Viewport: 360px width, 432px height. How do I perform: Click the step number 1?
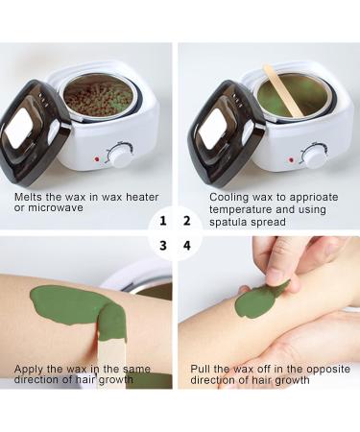coord(163,220)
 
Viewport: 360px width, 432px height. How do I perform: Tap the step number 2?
coord(186,220)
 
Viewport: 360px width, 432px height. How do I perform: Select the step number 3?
coord(163,245)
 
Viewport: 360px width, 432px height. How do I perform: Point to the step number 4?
coord(186,245)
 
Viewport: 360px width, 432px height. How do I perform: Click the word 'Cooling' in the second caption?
coord(229,196)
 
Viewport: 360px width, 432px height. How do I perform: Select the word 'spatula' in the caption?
coord(231,221)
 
